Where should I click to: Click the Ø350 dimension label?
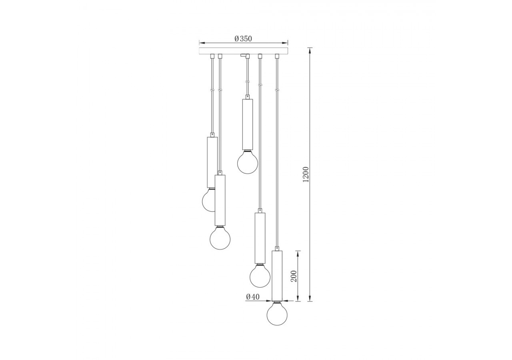coord(243,39)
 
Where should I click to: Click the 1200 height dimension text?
coord(306,174)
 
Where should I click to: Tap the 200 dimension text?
coord(294,276)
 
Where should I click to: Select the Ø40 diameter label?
coord(253,297)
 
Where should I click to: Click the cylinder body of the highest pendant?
coord(248,124)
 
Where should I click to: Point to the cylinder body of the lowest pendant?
coord(277,276)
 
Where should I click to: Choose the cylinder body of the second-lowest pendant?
coord(260,238)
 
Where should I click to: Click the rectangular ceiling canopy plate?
coord(243,51)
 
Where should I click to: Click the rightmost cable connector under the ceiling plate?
coord(277,56)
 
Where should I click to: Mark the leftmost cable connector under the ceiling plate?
coord(212,56)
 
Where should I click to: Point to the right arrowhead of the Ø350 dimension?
coord(285,42)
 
